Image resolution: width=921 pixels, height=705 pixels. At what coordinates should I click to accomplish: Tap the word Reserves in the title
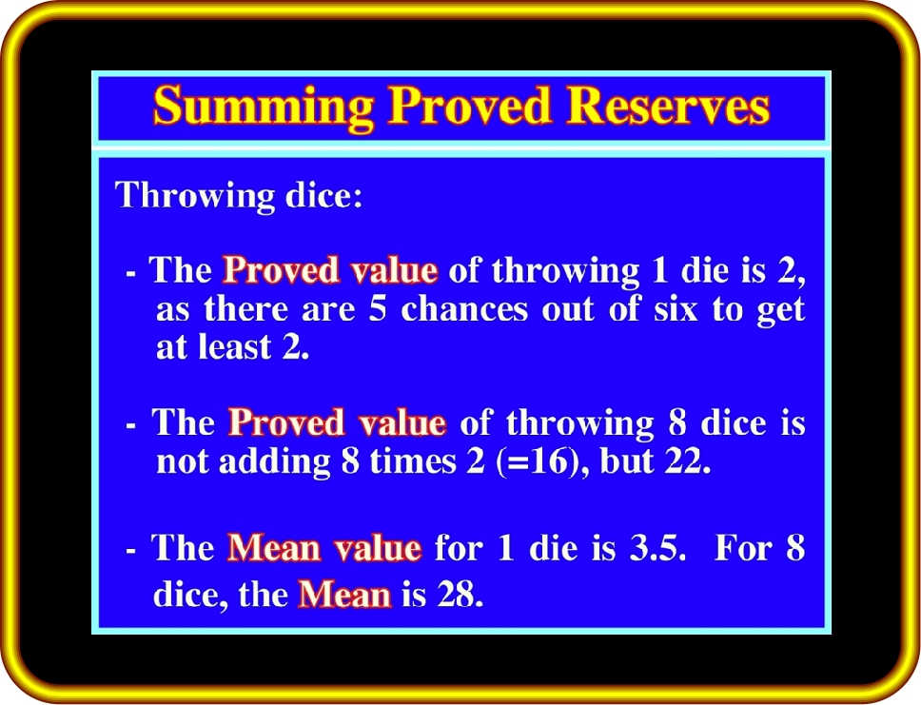point(668,106)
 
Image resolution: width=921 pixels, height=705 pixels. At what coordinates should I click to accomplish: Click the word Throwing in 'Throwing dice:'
point(195,196)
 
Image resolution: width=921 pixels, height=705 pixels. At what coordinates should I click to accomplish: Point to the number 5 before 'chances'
point(378,309)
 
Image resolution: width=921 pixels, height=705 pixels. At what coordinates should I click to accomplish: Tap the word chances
point(464,309)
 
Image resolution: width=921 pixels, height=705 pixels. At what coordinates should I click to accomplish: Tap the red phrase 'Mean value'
point(324,548)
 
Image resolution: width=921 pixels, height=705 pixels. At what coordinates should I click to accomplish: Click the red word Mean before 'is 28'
point(344,595)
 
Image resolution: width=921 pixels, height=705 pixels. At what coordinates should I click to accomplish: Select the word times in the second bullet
point(413,461)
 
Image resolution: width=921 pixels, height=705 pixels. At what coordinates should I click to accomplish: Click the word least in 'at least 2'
point(234,347)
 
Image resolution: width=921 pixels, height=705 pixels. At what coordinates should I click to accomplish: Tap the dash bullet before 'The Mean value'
point(131,552)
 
